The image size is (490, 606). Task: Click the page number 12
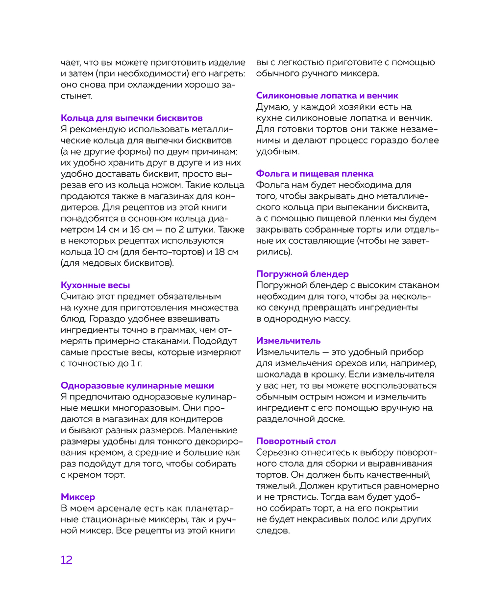click(x=67, y=560)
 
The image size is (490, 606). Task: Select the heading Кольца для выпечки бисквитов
click(x=131, y=118)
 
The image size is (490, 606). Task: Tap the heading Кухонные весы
click(x=95, y=285)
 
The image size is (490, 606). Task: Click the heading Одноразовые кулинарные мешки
click(x=137, y=386)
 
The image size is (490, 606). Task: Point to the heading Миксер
click(x=78, y=497)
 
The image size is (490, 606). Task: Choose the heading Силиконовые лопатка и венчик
click(x=327, y=95)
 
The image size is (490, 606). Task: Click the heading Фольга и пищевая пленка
click(x=315, y=174)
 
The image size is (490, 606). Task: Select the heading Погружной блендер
click(x=302, y=274)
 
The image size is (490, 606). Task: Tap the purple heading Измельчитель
click(x=288, y=341)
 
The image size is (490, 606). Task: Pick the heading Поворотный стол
click(x=296, y=441)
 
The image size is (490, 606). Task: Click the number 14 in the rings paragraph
click(x=101, y=230)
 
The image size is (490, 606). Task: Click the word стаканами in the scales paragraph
click(x=168, y=341)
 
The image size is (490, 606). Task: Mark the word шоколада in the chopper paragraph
click(x=276, y=374)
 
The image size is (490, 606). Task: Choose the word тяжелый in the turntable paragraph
click(x=276, y=486)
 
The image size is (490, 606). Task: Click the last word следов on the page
click(x=272, y=531)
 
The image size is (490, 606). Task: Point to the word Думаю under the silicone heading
click(x=273, y=107)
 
